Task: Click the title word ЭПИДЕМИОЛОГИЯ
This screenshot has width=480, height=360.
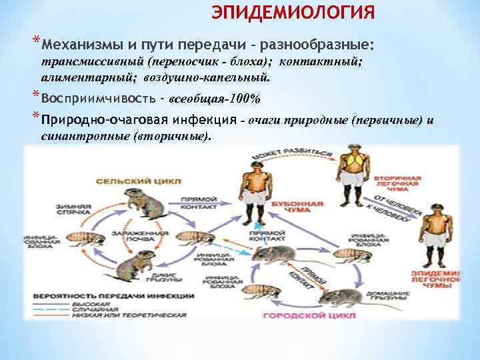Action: click(x=293, y=13)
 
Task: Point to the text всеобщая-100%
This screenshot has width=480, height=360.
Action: click(x=215, y=99)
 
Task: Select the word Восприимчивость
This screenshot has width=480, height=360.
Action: click(x=101, y=99)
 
